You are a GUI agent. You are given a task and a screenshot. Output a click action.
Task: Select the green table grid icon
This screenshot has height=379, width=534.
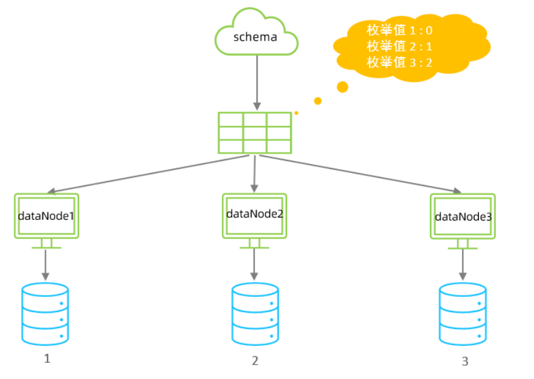click(254, 133)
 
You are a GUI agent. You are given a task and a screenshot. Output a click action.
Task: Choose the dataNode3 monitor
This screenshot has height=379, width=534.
click(463, 217)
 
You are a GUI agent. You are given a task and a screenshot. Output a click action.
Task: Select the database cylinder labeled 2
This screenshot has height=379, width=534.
click(254, 314)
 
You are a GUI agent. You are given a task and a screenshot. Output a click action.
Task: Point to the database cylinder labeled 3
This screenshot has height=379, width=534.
click(463, 314)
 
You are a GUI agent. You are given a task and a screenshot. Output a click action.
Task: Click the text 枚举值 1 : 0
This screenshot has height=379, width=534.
click(400, 29)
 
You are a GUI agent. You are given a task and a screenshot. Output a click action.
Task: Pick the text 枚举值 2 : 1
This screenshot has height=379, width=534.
click(400, 46)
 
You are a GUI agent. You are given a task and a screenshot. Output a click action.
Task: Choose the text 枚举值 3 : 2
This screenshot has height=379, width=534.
click(400, 62)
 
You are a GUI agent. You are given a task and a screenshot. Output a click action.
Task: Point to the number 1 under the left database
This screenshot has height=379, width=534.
click(46, 358)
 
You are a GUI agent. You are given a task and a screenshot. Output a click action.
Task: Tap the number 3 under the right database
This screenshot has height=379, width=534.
click(464, 361)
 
